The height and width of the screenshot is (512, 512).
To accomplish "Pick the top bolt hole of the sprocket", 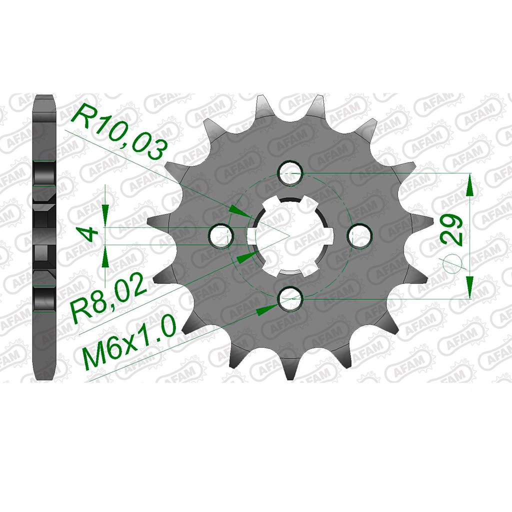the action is click(290, 172).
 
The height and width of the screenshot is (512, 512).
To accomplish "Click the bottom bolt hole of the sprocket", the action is click(290, 298).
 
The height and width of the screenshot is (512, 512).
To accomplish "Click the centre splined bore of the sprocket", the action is click(290, 236).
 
